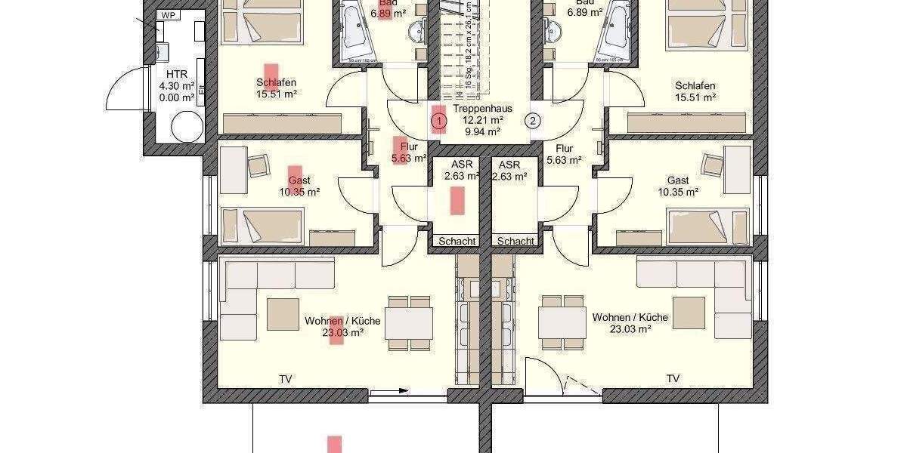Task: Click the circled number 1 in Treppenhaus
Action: [x=438, y=119]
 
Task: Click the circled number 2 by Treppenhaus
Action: [x=533, y=119]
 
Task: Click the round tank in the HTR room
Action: [x=186, y=126]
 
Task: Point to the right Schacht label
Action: [x=516, y=241]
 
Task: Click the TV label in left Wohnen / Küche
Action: [x=286, y=378]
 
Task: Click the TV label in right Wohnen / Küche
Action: [x=673, y=378]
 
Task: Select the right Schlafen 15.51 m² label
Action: [x=695, y=91]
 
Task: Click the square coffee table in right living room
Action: [x=689, y=312]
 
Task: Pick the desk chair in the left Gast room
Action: [x=258, y=165]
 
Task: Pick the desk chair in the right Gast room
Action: [x=713, y=165]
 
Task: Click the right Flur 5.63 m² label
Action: [x=563, y=154]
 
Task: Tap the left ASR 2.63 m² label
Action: [x=461, y=171]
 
